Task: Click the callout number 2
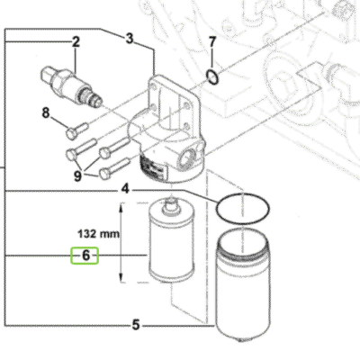tap(76, 41)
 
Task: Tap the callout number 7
tap(211, 42)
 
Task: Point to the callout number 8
tap(45, 112)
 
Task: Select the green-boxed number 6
tap(86, 256)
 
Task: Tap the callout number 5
tap(135, 323)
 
